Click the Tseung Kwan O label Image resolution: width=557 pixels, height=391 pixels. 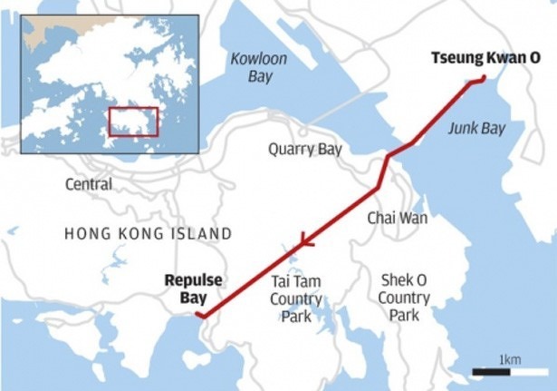pos(485,59)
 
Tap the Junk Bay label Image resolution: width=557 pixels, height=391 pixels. pos(476,129)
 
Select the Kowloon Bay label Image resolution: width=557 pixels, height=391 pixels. pos(260,67)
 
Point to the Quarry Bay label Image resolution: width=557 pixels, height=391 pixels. pos(305,150)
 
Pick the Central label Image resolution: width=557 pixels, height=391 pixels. pos(89,184)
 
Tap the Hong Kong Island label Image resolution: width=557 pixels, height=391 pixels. pos(149,234)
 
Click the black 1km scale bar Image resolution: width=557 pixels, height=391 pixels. pos(497,372)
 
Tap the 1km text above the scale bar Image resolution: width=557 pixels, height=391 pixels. pos(510,359)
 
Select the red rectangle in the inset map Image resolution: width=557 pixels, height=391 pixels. pos(133,122)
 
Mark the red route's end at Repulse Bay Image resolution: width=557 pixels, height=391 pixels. pos(200,316)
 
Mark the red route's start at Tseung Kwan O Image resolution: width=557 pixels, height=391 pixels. pos(484,79)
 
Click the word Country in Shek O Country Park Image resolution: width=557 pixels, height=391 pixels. pos(404,298)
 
